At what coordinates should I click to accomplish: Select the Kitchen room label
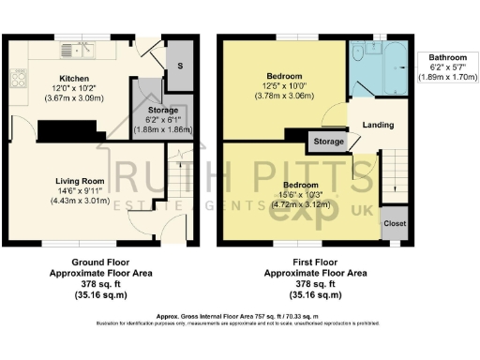pos(74,79)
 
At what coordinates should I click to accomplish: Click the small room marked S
pos(180,66)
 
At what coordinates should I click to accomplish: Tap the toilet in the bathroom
pos(358,58)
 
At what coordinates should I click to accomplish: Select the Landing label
pos(378,125)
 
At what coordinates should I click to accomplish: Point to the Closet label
pos(394,224)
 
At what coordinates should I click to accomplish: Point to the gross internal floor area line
pos(240,318)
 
